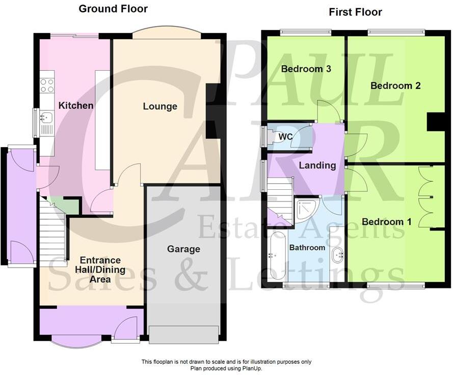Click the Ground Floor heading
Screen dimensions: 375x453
click(113, 9)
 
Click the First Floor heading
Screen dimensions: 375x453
click(355, 12)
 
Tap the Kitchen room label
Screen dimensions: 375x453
click(76, 106)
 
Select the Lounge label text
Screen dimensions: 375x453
click(160, 106)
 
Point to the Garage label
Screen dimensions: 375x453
click(183, 249)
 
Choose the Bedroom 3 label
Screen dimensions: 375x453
click(306, 69)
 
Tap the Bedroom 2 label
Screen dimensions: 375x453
click(395, 85)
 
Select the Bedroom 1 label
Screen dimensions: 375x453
click(387, 222)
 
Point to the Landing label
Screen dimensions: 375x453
click(317, 165)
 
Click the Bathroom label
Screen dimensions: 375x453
click(307, 248)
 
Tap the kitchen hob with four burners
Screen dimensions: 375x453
click(47, 85)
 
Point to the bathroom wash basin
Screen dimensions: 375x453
click(337, 255)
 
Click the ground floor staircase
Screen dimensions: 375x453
click(53, 232)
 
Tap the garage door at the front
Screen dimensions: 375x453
click(183, 334)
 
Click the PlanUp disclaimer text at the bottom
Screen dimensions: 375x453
click(226, 365)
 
